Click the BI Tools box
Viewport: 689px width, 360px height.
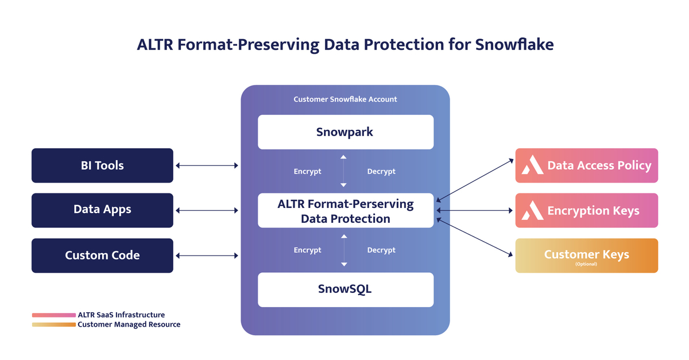click(x=102, y=165)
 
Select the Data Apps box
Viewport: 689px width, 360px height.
click(x=102, y=210)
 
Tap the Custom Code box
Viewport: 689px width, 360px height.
click(x=102, y=255)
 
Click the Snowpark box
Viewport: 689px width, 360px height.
click(x=345, y=132)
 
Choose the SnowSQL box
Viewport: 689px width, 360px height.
click(x=345, y=289)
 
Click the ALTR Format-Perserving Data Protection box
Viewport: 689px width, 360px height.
click(x=345, y=211)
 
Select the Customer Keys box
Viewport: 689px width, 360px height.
click(x=586, y=256)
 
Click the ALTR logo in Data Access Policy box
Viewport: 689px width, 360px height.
click(x=532, y=166)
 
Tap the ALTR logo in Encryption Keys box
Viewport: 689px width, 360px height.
click(x=532, y=211)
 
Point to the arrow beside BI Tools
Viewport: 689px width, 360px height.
click(x=207, y=166)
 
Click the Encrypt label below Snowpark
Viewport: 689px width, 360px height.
click(x=307, y=171)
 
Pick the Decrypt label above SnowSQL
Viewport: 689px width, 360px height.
click(x=381, y=250)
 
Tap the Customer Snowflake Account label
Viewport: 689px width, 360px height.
click(x=345, y=99)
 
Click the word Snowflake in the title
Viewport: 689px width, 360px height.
click(x=514, y=45)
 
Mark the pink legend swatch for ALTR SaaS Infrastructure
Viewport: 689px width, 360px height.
click(x=53, y=315)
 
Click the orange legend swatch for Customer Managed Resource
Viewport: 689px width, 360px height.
click(x=53, y=324)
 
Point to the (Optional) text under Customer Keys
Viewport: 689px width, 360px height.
click(x=586, y=264)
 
